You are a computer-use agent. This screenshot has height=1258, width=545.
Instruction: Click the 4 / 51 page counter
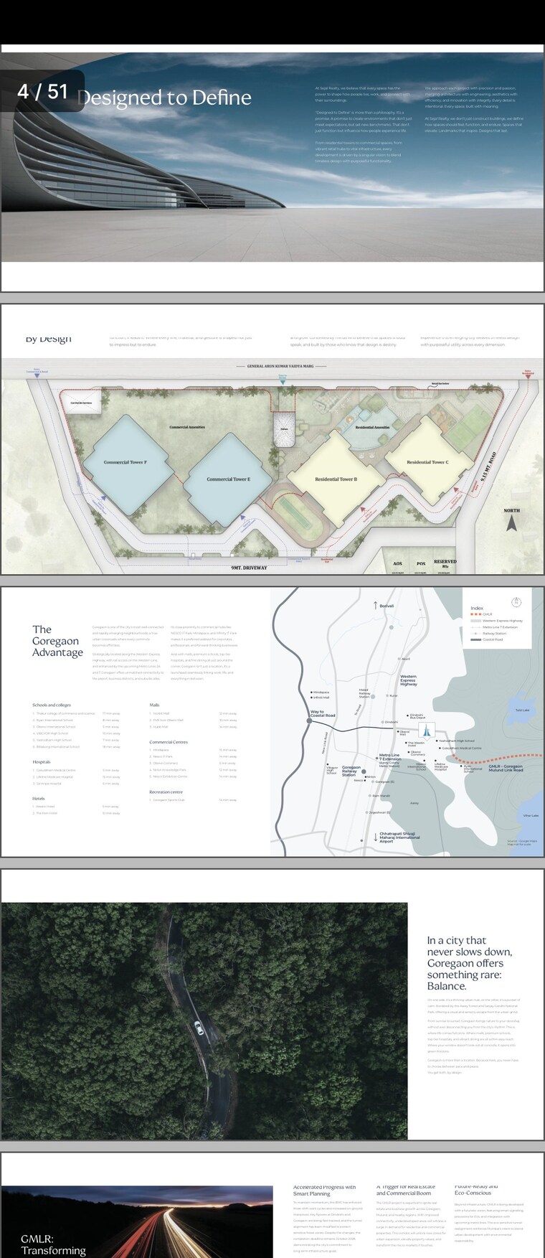42,92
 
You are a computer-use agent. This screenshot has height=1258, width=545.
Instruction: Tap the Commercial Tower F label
125,462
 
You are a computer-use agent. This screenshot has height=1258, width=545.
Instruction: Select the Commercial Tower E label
228,479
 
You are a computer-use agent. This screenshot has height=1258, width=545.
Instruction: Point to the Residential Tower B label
336,479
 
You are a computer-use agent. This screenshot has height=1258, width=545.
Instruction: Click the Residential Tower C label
427,462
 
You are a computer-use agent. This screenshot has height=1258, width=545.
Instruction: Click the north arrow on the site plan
511,523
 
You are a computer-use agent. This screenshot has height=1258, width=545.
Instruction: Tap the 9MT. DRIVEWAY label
249,568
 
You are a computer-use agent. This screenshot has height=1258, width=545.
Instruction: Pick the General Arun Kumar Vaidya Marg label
280,366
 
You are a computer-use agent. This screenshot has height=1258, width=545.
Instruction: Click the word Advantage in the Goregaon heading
57,652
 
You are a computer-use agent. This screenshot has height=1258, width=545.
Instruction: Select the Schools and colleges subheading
52,705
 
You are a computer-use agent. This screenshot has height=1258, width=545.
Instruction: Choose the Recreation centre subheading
166,792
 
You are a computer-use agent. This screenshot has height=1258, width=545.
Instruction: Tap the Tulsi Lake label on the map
522,710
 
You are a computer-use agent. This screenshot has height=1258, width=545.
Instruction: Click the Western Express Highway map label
408,680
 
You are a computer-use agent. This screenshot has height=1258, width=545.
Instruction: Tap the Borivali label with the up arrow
383,606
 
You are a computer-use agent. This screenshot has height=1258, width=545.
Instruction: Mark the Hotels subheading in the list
39,798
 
